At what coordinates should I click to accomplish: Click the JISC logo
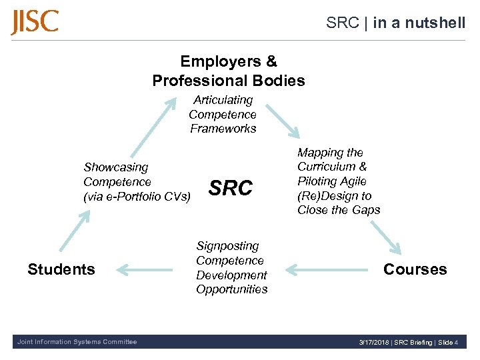[x=35, y=22]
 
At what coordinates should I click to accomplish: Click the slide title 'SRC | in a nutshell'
[x=395, y=23]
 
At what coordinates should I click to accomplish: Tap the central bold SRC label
[x=231, y=189]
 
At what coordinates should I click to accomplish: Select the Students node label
[x=61, y=269]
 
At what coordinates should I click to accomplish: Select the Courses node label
[x=415, y=269]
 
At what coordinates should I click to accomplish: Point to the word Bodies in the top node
[x=275, y=81]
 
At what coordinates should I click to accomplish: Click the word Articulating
[x=223, y=100]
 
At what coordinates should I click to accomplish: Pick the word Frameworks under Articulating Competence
[x=223, y=129]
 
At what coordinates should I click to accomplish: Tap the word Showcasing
[x=116, y=167]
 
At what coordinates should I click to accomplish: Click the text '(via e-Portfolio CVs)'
[x=137, y=196]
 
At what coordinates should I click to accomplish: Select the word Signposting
[x=227, y=246]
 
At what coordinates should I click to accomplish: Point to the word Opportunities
[x=231, y=289]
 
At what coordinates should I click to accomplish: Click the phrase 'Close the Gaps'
[x=339, y=210]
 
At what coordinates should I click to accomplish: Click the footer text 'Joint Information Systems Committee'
[x=76, y=342]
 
